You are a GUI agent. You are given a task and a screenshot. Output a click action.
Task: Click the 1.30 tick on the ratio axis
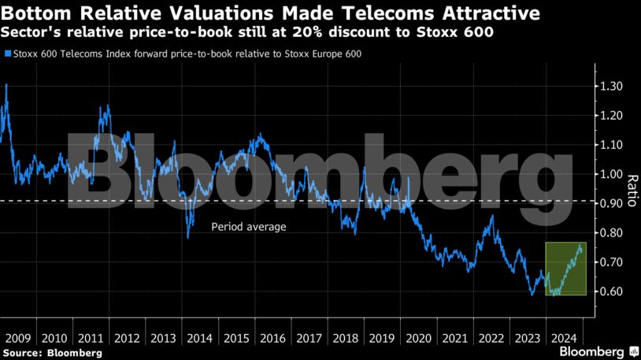pos(610,86)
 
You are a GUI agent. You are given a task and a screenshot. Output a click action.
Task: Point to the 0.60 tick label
pos(610,291)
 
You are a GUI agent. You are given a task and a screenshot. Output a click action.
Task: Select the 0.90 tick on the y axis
pos(610,203)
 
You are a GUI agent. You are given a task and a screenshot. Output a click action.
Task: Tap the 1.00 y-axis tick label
pos(610,174)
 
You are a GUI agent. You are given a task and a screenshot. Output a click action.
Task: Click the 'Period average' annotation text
pos(248,227)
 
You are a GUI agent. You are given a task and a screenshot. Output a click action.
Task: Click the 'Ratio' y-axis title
pos(631,188)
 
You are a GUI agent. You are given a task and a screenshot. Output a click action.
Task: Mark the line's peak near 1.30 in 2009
pos(6,84)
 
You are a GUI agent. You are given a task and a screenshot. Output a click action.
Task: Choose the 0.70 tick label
pos(610,262)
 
